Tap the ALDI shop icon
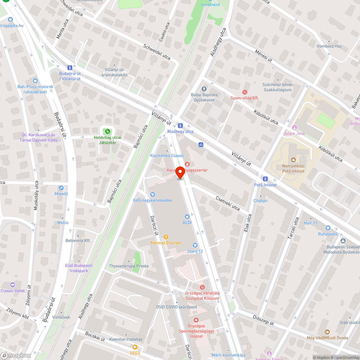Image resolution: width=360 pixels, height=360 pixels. coord(187,216)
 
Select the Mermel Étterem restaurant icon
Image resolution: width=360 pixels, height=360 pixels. coord(166,237)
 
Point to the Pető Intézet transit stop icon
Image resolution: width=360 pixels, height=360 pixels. coord(265,179)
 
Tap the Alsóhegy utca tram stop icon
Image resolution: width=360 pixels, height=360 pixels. coord(180,126)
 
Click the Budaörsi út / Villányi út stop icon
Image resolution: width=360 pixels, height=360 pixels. coord(69,67)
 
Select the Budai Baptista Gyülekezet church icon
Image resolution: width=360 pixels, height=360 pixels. coord(204,89)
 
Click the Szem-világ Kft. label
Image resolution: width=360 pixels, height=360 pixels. coord(245,98)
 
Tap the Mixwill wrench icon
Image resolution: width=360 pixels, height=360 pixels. coord(61,188)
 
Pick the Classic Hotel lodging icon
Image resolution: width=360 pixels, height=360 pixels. coord(13,285)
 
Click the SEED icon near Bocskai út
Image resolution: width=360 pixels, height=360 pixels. coord(135,347)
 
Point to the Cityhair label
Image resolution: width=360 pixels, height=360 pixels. coord(261,201)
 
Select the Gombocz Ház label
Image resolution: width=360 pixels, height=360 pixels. coord(329,46)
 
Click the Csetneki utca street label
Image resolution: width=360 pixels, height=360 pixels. coord(228,203)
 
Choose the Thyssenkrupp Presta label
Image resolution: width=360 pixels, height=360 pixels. coord(129,266)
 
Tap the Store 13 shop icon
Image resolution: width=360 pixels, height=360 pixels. coord(195,245)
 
